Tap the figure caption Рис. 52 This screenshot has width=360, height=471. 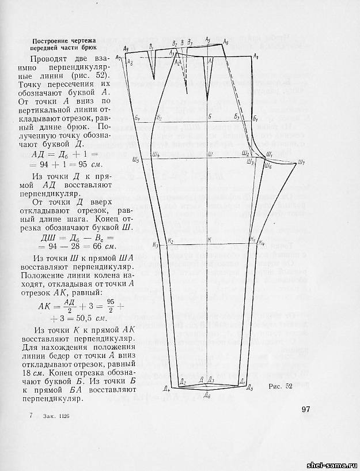[x=281, y=387]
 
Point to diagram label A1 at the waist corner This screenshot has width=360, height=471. [x=256, y=56]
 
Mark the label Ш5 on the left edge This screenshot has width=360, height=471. [x=135, y=160]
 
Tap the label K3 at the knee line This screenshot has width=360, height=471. [x=157, y=246]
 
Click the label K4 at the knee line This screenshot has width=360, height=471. [x=262, y=242]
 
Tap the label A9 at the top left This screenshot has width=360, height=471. [x=118, y=57]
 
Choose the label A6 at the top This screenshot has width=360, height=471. [x=225, y=43]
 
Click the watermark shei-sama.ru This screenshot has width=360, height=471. [x=332, y=465]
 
